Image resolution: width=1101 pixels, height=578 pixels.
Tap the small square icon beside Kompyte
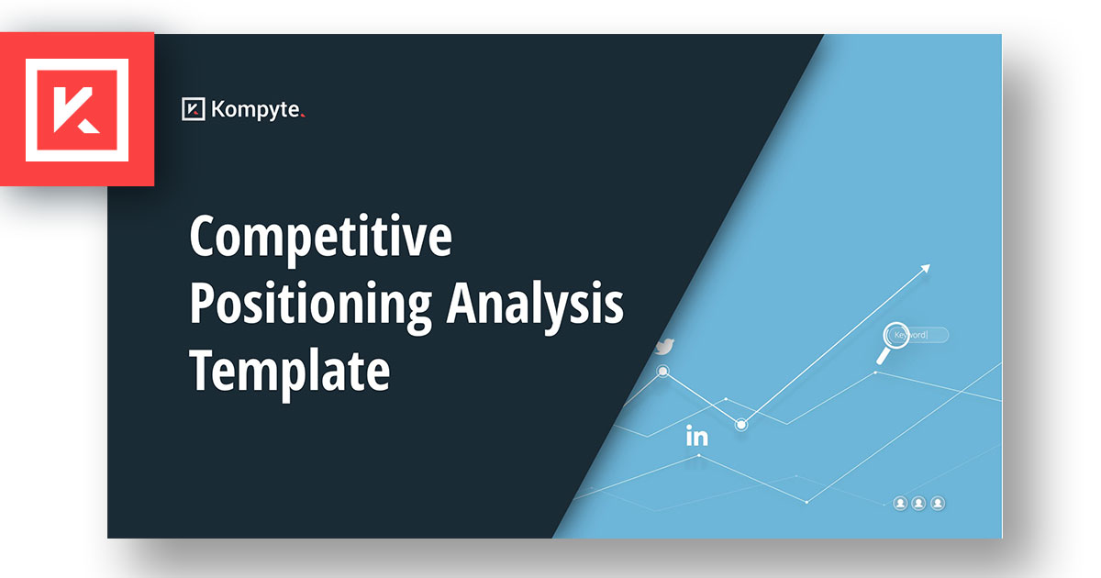[194, 108]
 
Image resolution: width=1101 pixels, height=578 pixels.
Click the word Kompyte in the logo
[255, 109]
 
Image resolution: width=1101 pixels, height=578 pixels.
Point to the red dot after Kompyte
[303, 116]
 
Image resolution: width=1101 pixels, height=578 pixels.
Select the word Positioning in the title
[311, 305]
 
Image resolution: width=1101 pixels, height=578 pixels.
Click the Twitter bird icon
[665, 347]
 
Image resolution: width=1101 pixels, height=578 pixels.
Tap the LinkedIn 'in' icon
[697, 436]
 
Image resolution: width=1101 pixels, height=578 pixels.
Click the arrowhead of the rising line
[926, 268]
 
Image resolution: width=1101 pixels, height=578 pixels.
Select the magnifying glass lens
[895, 336]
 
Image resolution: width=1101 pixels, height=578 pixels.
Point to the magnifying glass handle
[883, 356]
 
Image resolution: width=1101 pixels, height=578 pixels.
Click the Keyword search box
[918, 335]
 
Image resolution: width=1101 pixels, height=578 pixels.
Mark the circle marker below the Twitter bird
[662, 371]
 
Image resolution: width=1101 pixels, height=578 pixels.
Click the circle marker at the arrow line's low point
[741, 424]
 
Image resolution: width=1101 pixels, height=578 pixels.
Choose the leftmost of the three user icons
[900, 504]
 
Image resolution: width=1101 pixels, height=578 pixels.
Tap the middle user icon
[918, 504]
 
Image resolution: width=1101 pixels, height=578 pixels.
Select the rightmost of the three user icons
[938, 504]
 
